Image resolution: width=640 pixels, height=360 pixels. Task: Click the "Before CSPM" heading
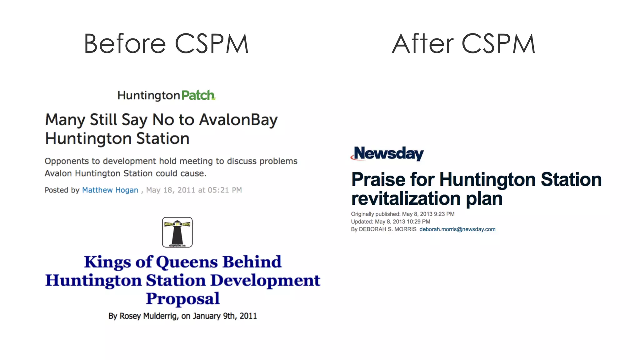click(166, 44)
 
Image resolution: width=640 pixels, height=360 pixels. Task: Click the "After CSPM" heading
click(463, 44)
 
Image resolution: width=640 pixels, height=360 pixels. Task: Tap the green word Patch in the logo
click(198, 95)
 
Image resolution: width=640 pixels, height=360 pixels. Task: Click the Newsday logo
click(387, 153)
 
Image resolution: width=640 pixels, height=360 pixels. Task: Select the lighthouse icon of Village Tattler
click(177, 232)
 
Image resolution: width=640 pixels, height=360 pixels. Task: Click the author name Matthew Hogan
click(110, 190)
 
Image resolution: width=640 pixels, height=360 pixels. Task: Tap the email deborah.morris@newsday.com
click(457, 229)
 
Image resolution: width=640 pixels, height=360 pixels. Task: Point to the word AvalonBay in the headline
click(238, 120)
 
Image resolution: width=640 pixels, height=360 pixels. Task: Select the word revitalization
click(406, 198)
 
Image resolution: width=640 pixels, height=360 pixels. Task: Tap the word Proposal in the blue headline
click(183, 298)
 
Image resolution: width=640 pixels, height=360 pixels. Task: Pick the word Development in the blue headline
click(265, 280)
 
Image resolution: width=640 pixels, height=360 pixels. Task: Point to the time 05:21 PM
click(225, 190)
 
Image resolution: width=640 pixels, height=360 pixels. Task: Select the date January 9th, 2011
click(225, 316)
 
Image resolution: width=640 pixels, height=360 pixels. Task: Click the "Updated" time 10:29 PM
click(418, 222)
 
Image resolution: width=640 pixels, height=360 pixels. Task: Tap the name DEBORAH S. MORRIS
click(387, 229)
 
